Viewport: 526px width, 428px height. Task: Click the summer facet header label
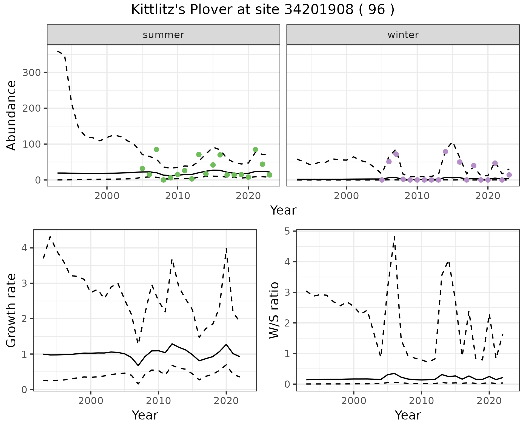(x=164, y=35)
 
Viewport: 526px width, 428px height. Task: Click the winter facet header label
(x=403, y=35)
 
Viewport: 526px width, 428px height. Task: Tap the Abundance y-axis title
(x=12, y=115)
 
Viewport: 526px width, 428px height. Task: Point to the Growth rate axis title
(x=12, y=310)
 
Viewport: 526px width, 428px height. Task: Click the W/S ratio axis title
(x=274, y=310)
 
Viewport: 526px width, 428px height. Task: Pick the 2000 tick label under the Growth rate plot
(x=91, y=401)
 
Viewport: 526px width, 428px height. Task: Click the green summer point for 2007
(x=156, y=150)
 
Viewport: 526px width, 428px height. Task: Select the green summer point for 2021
(x=255, y=150)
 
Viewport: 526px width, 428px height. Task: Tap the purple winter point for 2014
(x=445, y=152)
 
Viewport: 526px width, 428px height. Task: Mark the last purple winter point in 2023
(x=509, y=175)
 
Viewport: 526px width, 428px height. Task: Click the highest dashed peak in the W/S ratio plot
(x=394, y=236)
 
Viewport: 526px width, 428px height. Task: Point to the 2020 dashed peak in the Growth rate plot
(x=226, y=249)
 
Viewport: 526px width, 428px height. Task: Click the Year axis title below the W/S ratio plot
(x=408, y=415)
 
